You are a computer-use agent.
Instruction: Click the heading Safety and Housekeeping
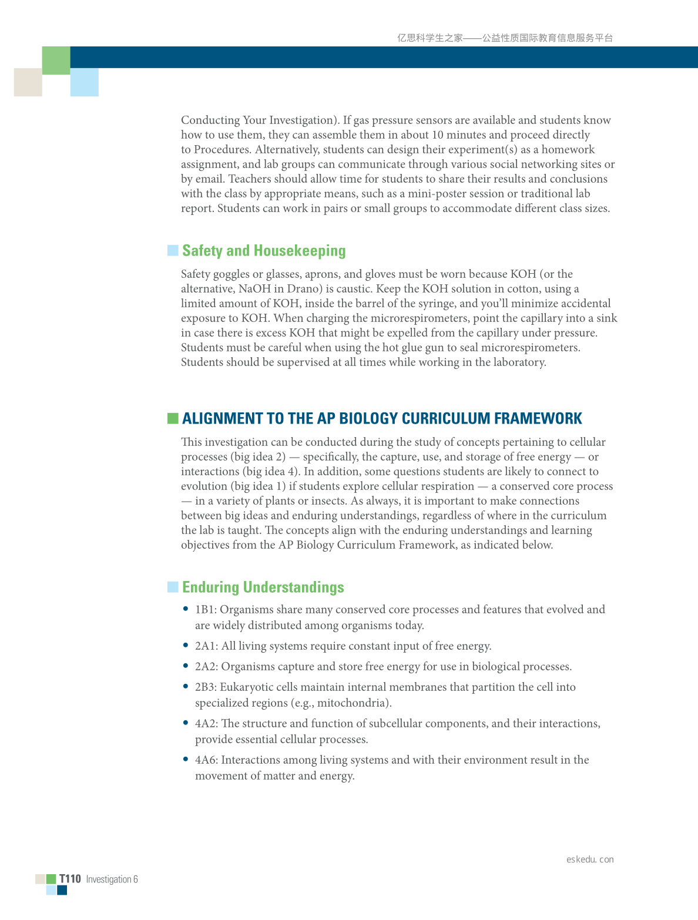click(264, 251)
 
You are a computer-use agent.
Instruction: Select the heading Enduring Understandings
click(263, 587)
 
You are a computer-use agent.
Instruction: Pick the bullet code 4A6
click(206, 760)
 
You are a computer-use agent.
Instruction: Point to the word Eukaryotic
click(247, 687)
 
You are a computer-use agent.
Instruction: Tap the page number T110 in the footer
click(70, 879)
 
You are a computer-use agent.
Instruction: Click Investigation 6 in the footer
click(112, 879)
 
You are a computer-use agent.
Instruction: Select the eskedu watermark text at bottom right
click(590, 859)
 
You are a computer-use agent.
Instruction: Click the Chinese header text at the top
click(505, 38)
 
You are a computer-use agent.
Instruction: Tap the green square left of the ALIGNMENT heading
click(173, 418)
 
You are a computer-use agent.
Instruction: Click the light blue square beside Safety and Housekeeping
click(173, 251)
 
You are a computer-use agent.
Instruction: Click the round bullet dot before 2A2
click(186, 666)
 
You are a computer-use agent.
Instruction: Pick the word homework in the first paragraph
click(568, 150)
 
